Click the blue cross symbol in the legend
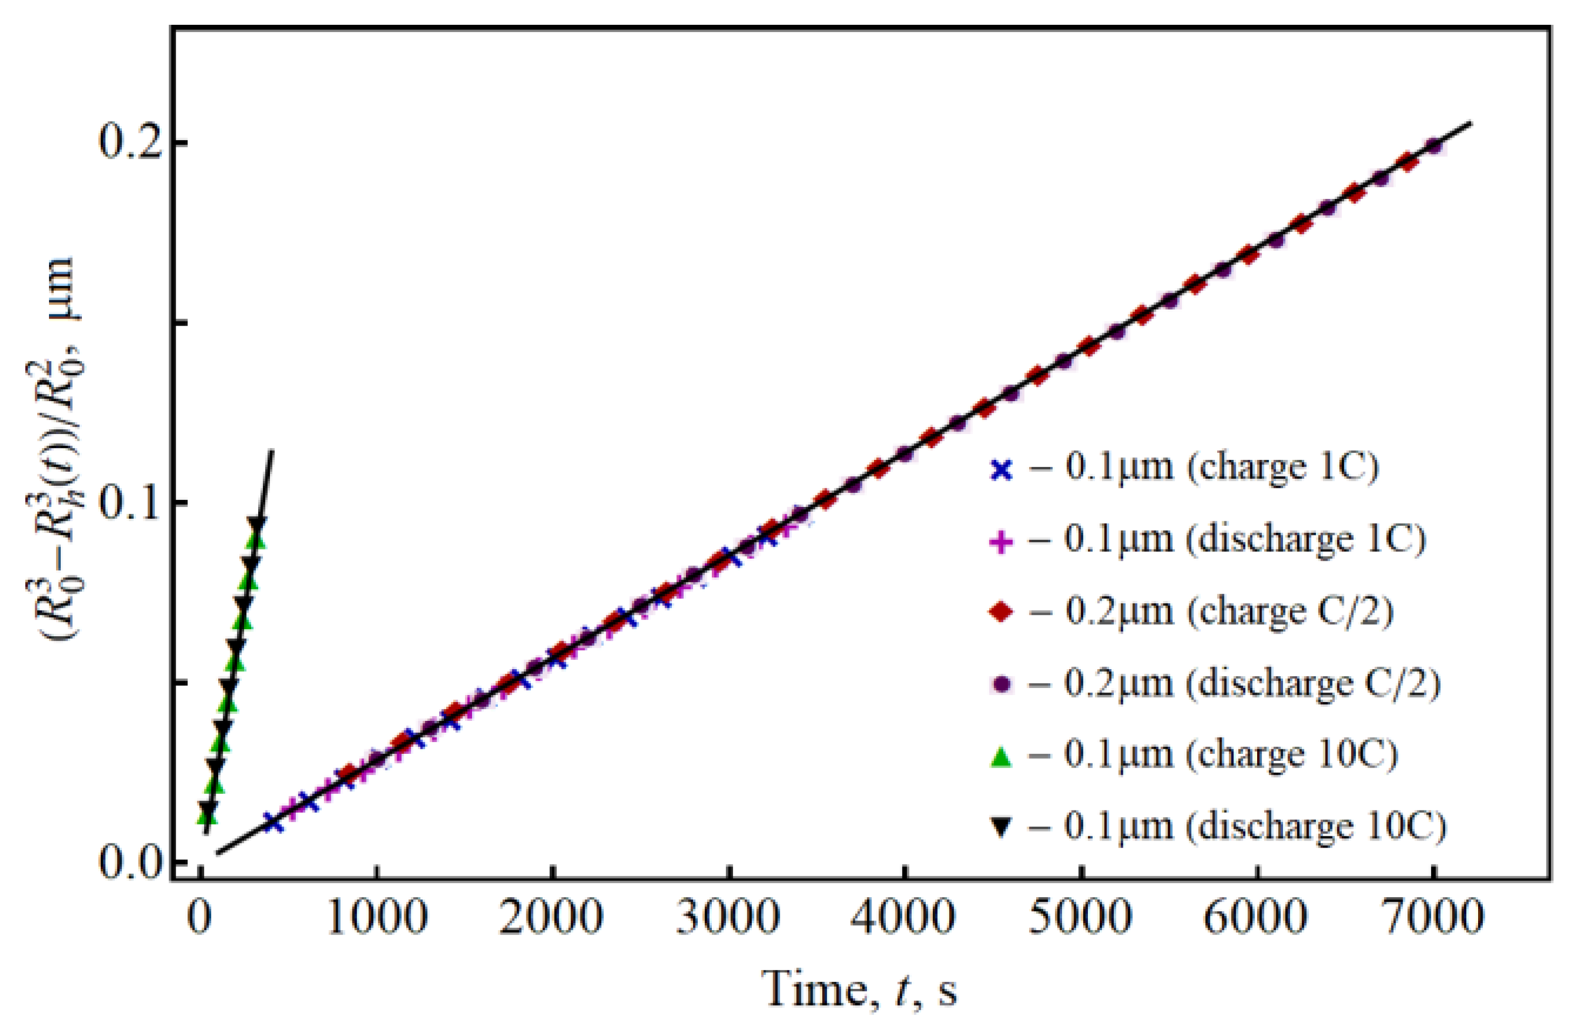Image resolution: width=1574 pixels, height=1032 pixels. (x=1001, y=470)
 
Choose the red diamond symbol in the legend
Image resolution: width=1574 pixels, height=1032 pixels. (x=1001, y=613)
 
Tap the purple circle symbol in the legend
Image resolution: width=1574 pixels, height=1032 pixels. (x=1001, y=684)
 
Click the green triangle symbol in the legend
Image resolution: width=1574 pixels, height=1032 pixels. (x=1001, y=756)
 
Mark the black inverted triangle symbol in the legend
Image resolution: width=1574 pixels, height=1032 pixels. (x=1001, y=828)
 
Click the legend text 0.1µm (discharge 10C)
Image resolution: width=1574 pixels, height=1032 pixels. (x=1237, y=828)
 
